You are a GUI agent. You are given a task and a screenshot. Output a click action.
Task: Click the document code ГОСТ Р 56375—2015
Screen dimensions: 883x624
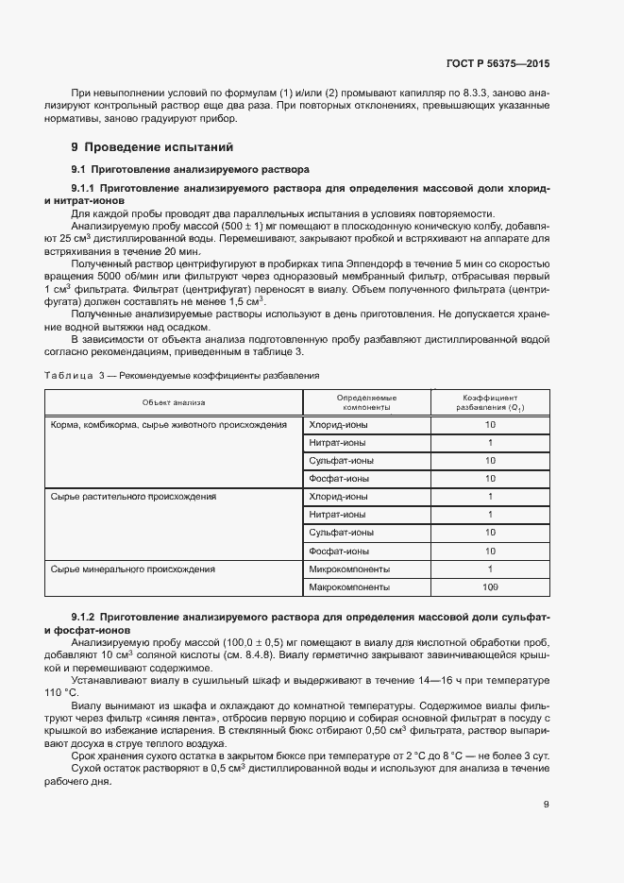pos(497,64)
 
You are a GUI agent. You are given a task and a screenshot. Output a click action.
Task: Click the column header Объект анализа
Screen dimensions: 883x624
pos(174,403)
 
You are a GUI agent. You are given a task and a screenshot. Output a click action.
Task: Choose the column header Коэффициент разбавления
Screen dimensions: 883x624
pos(490,403)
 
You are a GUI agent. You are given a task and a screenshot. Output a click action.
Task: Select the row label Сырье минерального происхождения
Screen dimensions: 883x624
pos(132,569)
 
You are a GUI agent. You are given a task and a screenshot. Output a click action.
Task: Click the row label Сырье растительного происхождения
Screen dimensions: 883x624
pos(133,497)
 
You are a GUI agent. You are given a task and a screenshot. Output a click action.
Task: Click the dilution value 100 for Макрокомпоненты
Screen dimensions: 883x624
pos(490,586)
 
